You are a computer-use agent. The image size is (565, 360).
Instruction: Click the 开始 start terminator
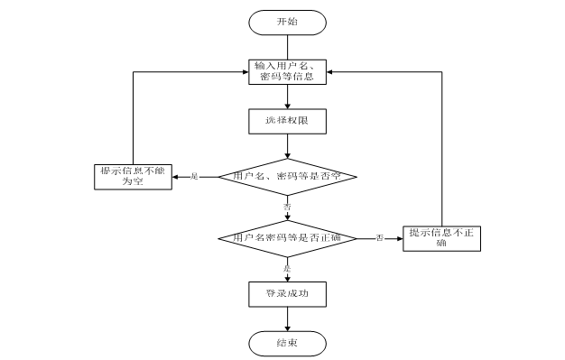click(x=286, y=21)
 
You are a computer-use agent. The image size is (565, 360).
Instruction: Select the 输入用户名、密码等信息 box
click(x=286, y=70)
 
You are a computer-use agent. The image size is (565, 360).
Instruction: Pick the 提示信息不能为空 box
click(x=133, y=176)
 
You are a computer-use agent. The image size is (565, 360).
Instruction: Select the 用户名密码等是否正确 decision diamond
click(x=286, y=237)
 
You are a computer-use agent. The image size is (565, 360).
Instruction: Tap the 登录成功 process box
click(x=286, y=293)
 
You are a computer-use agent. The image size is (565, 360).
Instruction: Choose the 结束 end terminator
click(x=286, y=343)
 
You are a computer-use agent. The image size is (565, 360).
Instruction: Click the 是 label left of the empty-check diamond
click(x=194, y=176)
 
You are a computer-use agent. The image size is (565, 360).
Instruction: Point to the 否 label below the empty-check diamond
click(x=287, y=207)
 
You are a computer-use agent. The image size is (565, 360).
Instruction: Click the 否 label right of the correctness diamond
click(x=380, y=237)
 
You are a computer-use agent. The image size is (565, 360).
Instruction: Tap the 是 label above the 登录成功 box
click(x=287, y=268)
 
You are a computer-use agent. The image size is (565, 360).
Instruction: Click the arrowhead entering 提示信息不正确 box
click(x=397, y=237)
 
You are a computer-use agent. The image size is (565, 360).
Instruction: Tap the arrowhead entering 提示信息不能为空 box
click(x=175, y=176)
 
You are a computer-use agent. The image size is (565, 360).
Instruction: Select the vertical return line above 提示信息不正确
click(x=441, y=144)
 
